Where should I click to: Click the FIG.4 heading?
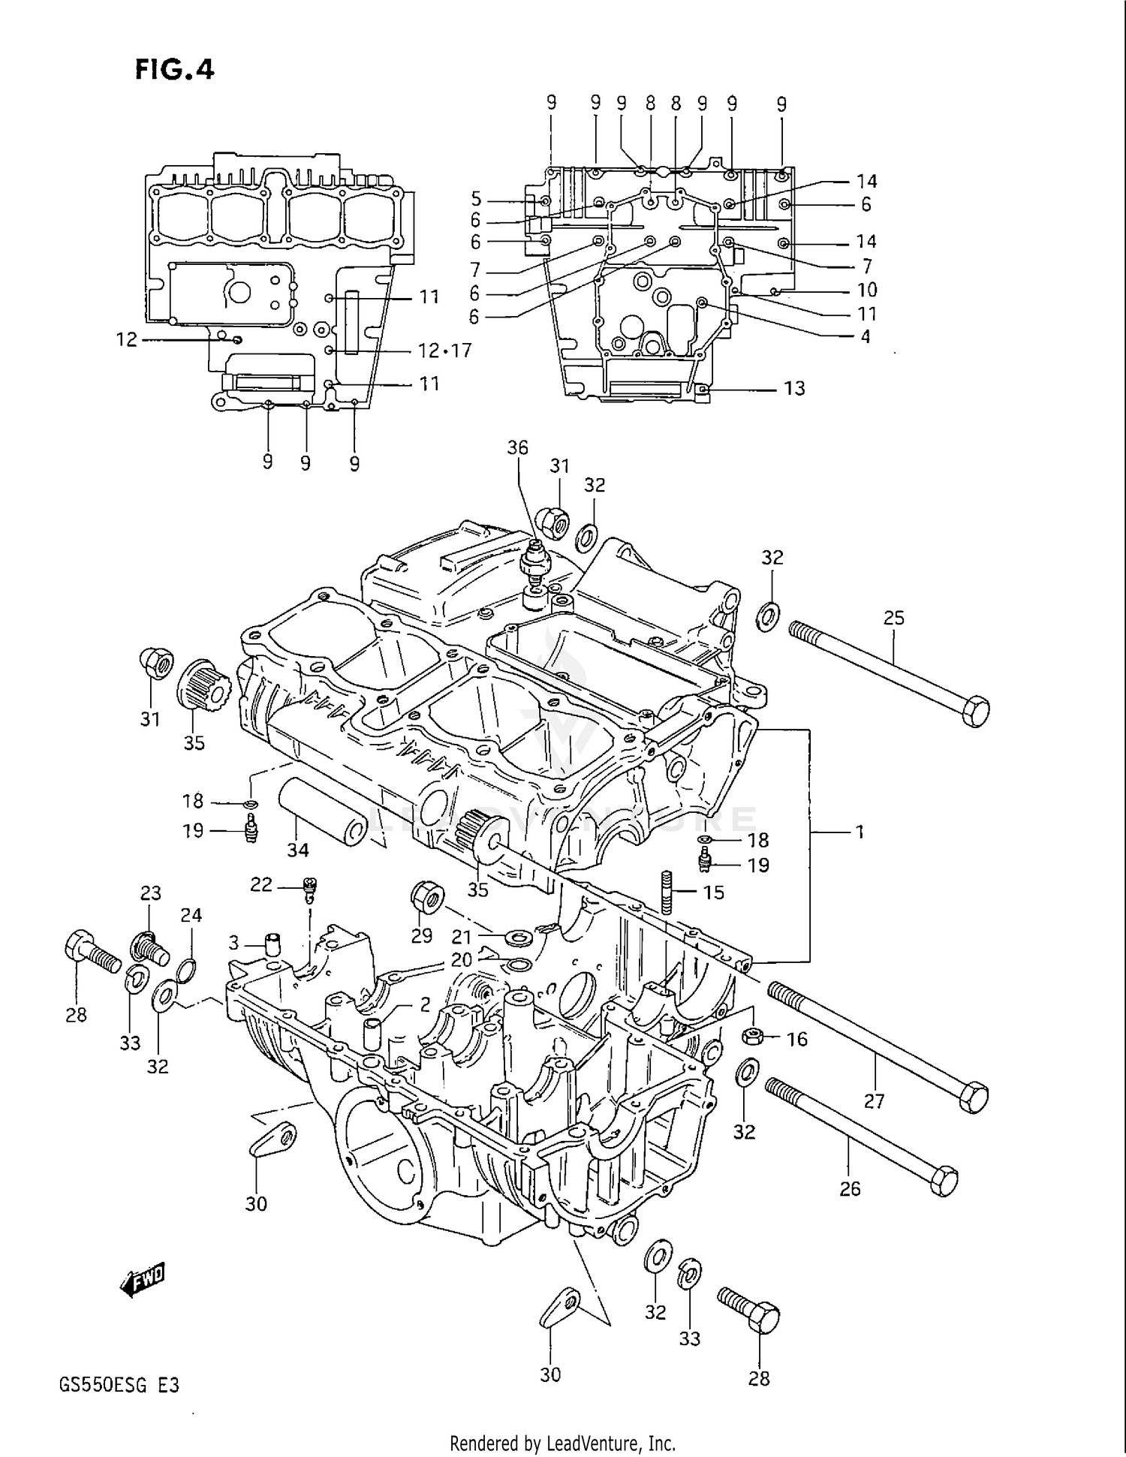tap(175, 69)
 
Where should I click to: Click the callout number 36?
tap(517, 447)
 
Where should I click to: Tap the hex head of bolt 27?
tap(974, 1098)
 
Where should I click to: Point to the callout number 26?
tap(850, 1188)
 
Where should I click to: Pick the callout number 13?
tap(794, 388)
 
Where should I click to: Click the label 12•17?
tap(444, 351)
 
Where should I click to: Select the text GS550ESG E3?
tap(119, 1385)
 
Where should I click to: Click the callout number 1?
tap(860, 832)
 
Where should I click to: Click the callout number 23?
tap(151, 893)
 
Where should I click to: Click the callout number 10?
tap(866, 290)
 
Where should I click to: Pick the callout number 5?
tap(476, 199)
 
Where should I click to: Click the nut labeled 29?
tap(426, 898)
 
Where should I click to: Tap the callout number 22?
tap(260, 884)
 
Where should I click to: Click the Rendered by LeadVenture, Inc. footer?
tap(562, 1443)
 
